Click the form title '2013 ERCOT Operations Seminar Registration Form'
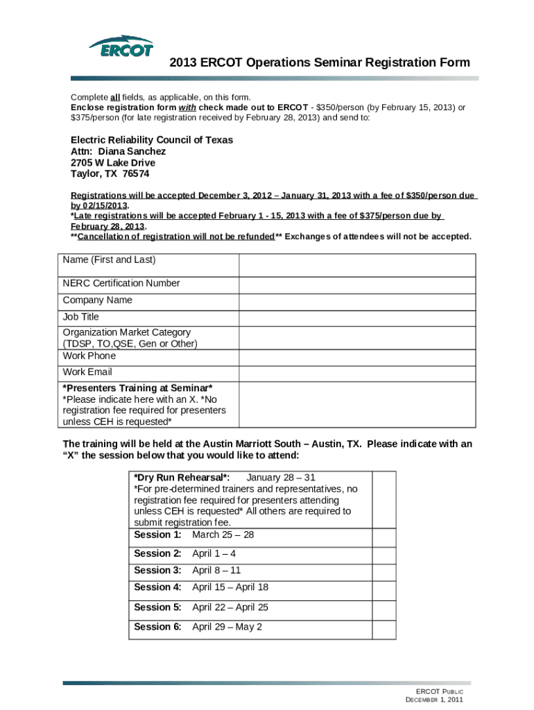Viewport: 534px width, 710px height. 320,63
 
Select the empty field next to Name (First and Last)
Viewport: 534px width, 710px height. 357,265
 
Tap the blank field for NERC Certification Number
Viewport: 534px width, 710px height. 357,284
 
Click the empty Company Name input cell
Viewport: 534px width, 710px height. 357,301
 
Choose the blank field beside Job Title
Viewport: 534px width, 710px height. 357,318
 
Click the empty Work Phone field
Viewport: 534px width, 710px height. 357,357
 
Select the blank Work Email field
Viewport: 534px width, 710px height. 357,373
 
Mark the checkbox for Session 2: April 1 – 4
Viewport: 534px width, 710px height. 384,554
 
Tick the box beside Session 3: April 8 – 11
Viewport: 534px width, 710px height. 384,571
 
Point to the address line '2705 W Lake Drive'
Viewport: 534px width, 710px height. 113,163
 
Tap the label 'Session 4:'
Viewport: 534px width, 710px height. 157,587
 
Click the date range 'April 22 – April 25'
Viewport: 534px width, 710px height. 230,607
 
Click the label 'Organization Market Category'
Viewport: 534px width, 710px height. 127,332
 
